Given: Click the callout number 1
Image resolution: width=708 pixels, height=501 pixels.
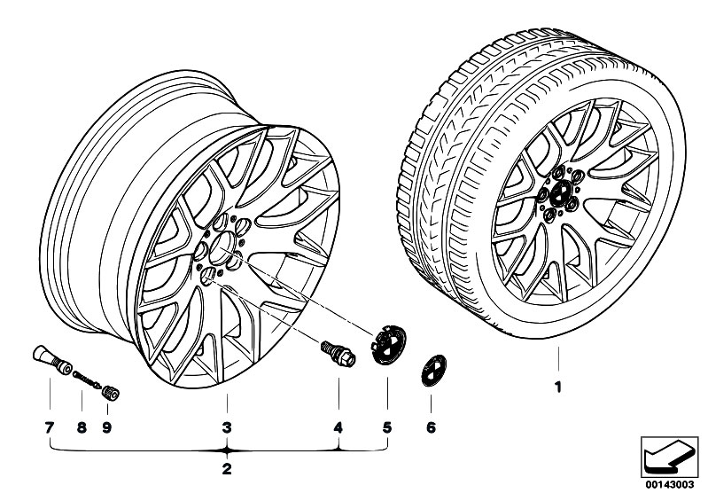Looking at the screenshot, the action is click(x=558, y=387).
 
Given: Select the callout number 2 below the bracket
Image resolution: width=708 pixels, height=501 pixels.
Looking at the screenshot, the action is click(x=227, y=468).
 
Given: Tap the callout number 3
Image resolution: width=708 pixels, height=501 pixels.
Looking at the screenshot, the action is click(x=227, y=427).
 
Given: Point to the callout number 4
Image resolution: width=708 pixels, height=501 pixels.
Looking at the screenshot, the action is click(x=338, y=427).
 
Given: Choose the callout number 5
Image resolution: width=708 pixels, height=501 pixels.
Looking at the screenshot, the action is click(x=387, y=427).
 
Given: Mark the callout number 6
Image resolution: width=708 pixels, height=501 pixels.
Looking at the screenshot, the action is click(x=431, y=427).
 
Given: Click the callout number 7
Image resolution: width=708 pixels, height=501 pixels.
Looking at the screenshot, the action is click(x=50, y=427).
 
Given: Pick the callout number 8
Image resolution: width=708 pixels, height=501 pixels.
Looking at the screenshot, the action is click(x=82, y=427).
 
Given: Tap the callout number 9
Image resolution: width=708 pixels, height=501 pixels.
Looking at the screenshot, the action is click(x=107, y=427).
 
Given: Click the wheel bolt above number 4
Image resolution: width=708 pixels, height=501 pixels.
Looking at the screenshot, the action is click(x=338, y=354).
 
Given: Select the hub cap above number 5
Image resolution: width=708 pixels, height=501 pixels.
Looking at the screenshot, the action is click(x=388, y=344).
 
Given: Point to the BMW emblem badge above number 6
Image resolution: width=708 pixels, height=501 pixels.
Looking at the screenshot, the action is click(x=433, y=371).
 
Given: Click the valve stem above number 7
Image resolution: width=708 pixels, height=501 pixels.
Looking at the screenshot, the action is click(x=52, y=360).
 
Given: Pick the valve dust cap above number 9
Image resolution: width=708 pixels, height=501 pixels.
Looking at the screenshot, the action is click(x=110, y=393).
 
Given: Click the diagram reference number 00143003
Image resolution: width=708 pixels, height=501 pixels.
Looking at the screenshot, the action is click(x=670, y=485).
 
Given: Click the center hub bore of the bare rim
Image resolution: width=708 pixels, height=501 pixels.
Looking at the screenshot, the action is click(x=222, y=248).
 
